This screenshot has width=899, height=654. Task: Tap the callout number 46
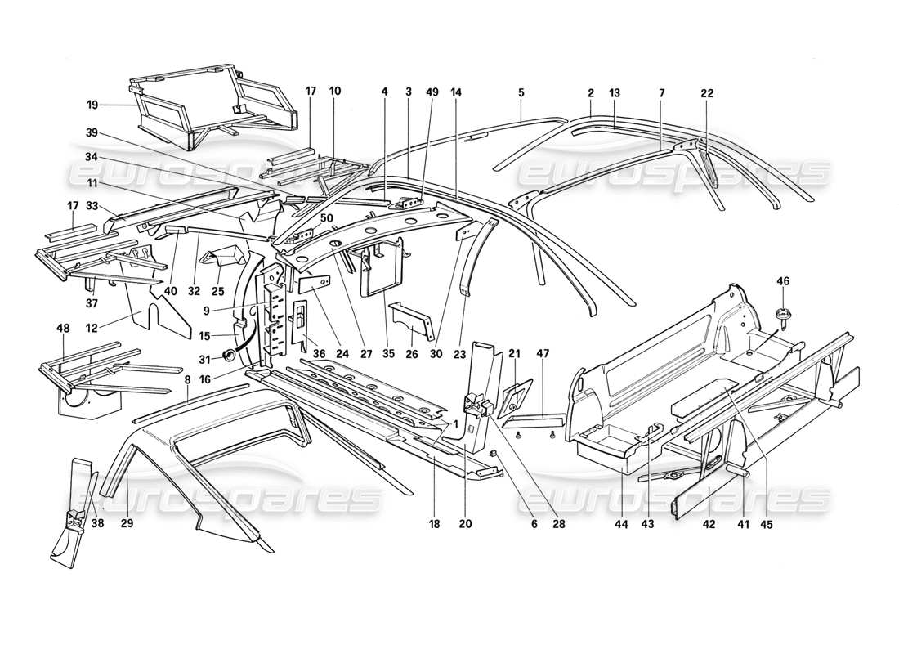pos(783,282)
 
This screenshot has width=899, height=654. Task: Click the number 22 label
pos(707,93)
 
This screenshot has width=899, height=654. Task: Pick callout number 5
pos(520,93)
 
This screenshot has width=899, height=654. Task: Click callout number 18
pos(435,525)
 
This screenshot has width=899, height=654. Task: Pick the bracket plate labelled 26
pos(411,321)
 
